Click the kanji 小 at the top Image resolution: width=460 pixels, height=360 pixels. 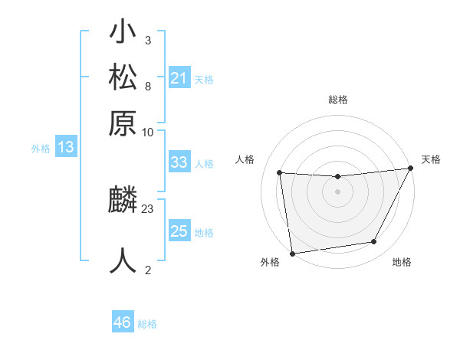(x=123, y=35)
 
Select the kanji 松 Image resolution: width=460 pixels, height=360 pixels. (x=123, y=78)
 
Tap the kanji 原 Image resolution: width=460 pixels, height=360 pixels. (x=123, y=122)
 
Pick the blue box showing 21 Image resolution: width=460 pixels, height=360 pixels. (x=179, y=77)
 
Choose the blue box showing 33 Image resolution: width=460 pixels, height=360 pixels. (x=179, y=162)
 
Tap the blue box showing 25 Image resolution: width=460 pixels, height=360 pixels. (x=179, y=231)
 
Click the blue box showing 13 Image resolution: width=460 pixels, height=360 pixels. (x=66, y=148)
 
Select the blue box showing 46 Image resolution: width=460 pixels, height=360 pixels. (x=123, y=322)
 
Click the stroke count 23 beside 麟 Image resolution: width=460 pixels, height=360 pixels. (x=148, y=208)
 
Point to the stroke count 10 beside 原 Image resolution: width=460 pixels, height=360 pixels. (x=148, y=132)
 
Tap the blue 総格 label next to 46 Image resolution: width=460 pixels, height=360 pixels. (x=147, y=324)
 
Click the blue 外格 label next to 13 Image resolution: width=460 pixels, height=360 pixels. (x=41, y=149)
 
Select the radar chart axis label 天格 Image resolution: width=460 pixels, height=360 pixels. (x=431, y=159)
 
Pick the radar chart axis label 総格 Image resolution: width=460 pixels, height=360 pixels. (x=337, y=100)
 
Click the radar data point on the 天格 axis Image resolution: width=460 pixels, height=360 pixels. (x=412, y=169)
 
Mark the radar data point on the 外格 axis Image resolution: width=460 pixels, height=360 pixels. (x=292, y=253)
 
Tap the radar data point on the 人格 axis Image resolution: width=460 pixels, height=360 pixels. (x=280, y=173)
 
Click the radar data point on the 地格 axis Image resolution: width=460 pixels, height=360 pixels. (x=374, y=242)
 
